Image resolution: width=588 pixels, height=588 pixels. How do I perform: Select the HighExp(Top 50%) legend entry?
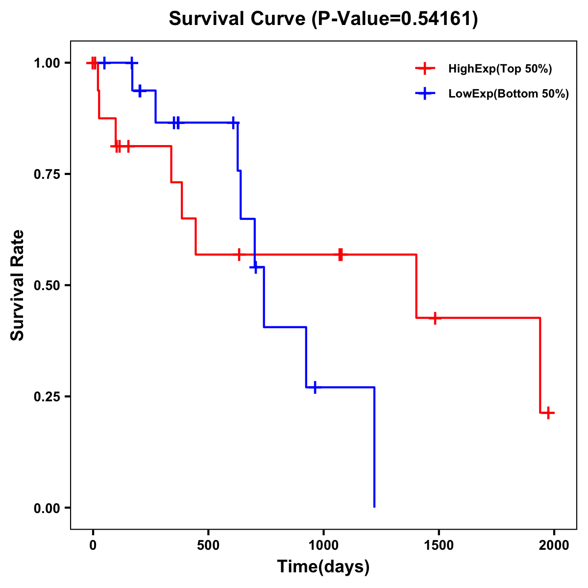tap(500, 69)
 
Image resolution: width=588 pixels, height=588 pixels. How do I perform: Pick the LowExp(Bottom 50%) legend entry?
tap(508, 94)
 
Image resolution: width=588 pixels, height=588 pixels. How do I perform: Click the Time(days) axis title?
tap(323, 566)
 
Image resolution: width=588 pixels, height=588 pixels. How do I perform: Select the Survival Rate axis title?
tap(18, 285)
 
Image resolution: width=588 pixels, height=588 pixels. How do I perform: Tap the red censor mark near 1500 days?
tap(434, 318)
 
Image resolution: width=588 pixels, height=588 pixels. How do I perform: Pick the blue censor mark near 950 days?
tap(315, 387)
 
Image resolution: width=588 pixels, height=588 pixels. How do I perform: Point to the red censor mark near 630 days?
tap(239, 255)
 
